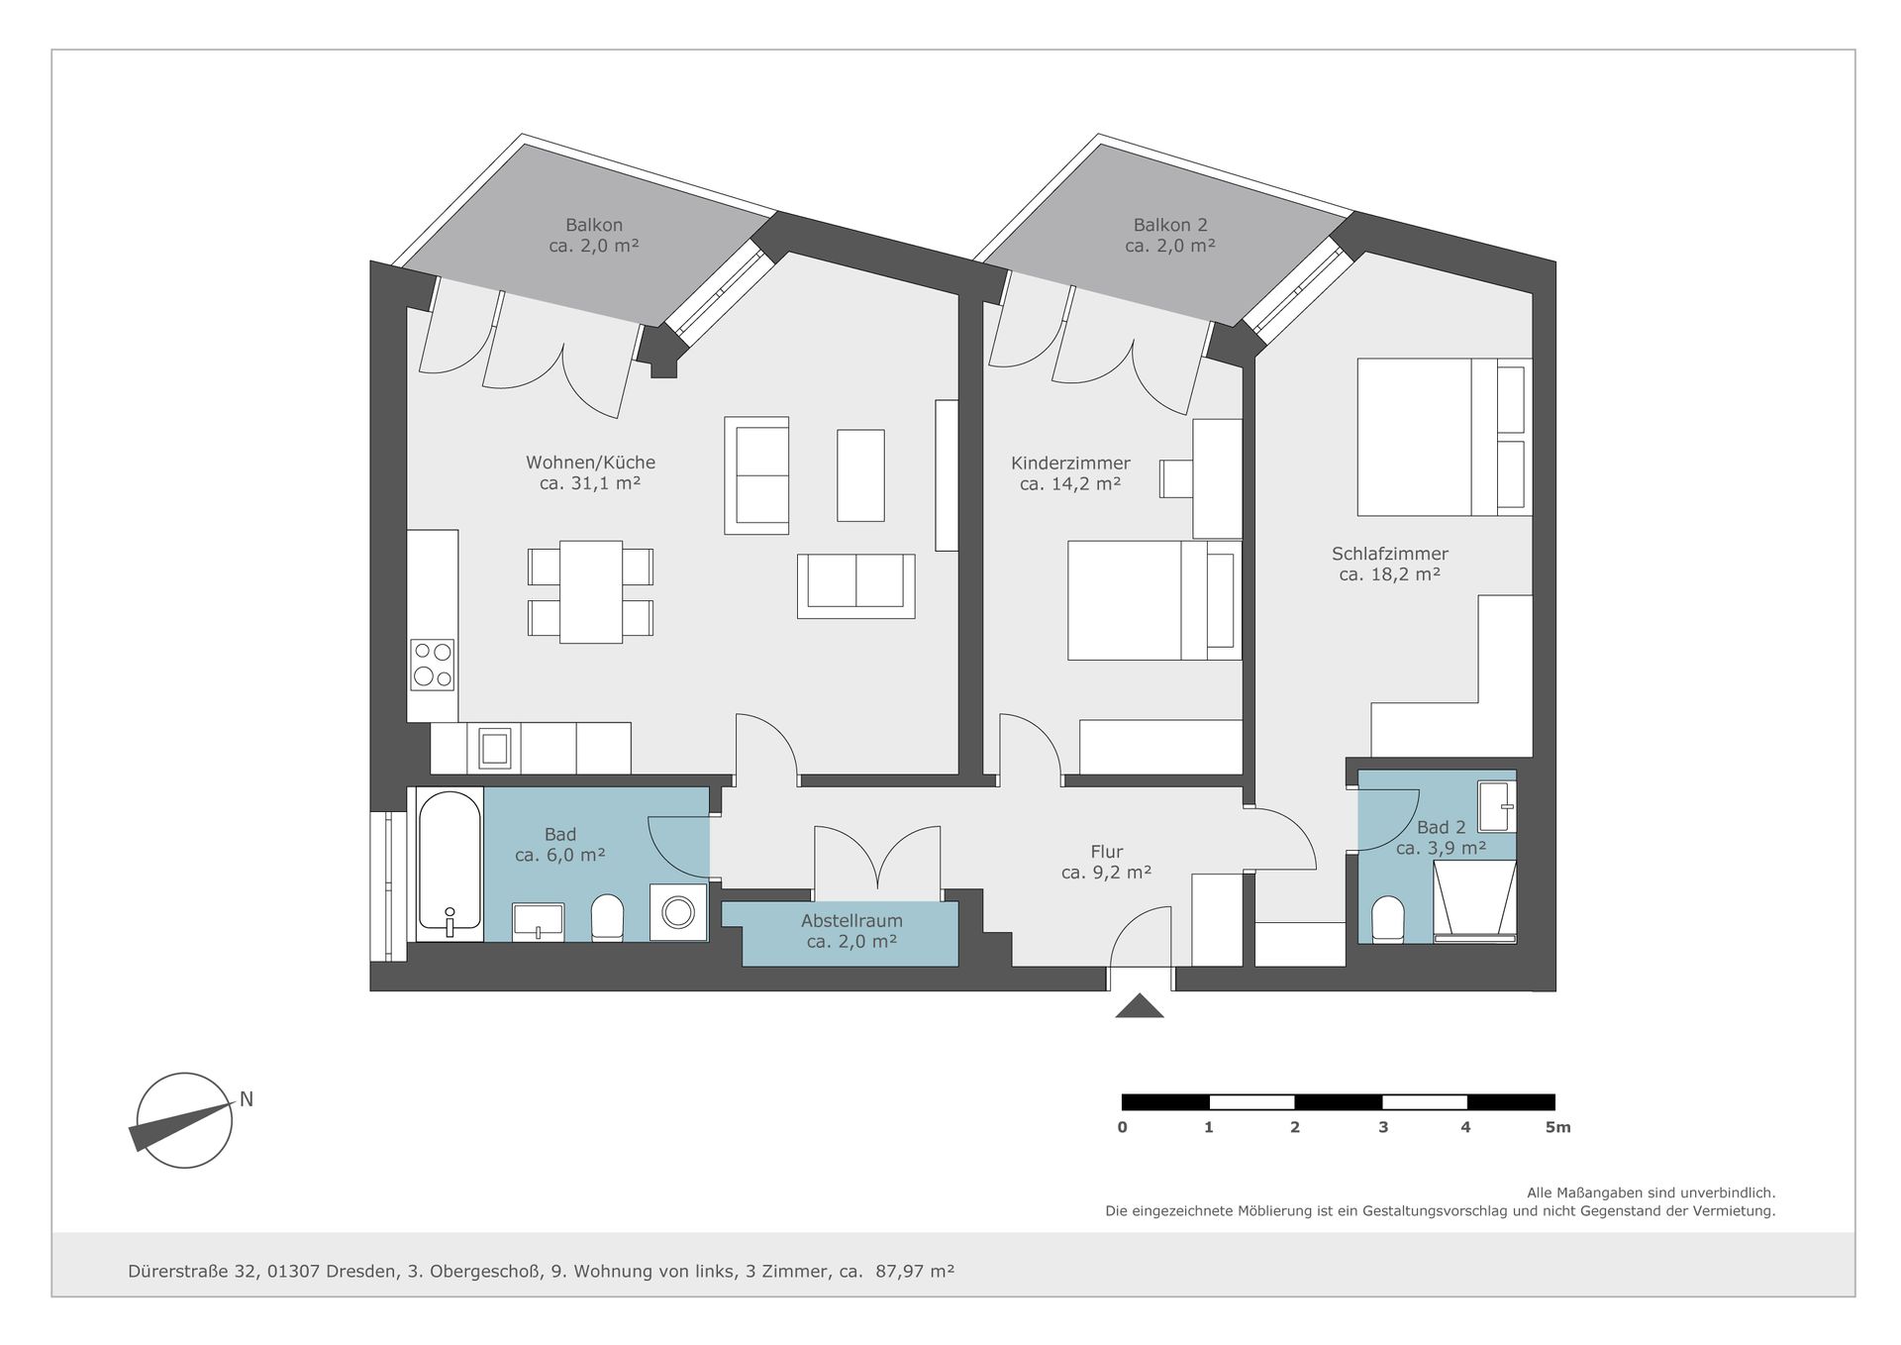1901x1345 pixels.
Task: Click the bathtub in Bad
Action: tap(450, 864)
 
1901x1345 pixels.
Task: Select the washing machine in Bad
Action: tap(679, 912)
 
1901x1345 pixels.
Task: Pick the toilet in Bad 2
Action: tap(1388, 920)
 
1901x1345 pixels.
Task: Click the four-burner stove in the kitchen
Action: tap(433, 665)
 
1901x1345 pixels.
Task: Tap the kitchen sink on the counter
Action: tap(495, 748)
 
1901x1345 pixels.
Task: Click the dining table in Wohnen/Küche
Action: tap(591, 592)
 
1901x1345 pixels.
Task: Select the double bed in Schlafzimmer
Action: tap(1445, 437)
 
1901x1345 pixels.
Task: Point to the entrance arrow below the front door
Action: tap(1140, 1006)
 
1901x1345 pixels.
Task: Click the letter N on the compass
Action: tap(247, 1099)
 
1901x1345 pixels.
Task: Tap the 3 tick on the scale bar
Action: tap(1383, 1127)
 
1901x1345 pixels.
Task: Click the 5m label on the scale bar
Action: tap(1557, 1127)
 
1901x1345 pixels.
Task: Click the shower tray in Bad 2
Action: tap(1475, 901)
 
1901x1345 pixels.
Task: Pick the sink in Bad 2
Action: tap(1496, 806)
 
